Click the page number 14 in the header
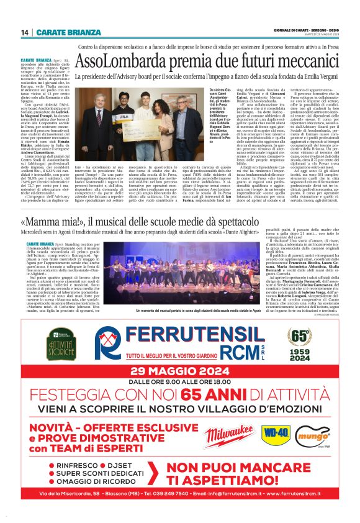[25, 32]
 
